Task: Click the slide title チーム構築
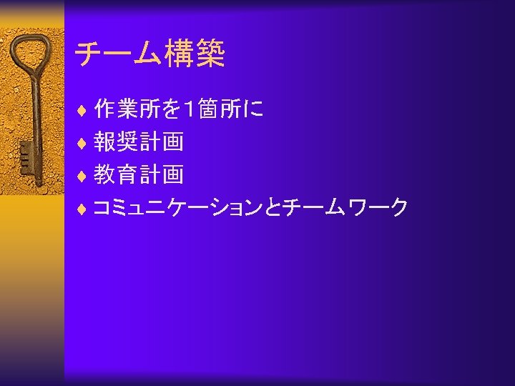click(x=150, y=54)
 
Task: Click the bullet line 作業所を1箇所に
click(x=179, y=109)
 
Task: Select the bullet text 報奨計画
click(x=139, y=142)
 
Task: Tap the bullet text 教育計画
click(x=139, y=174)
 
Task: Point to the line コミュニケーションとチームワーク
click(x=250, y=208)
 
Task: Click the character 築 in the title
click(x=210, y=54)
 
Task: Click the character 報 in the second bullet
click(x=105, y=142)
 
